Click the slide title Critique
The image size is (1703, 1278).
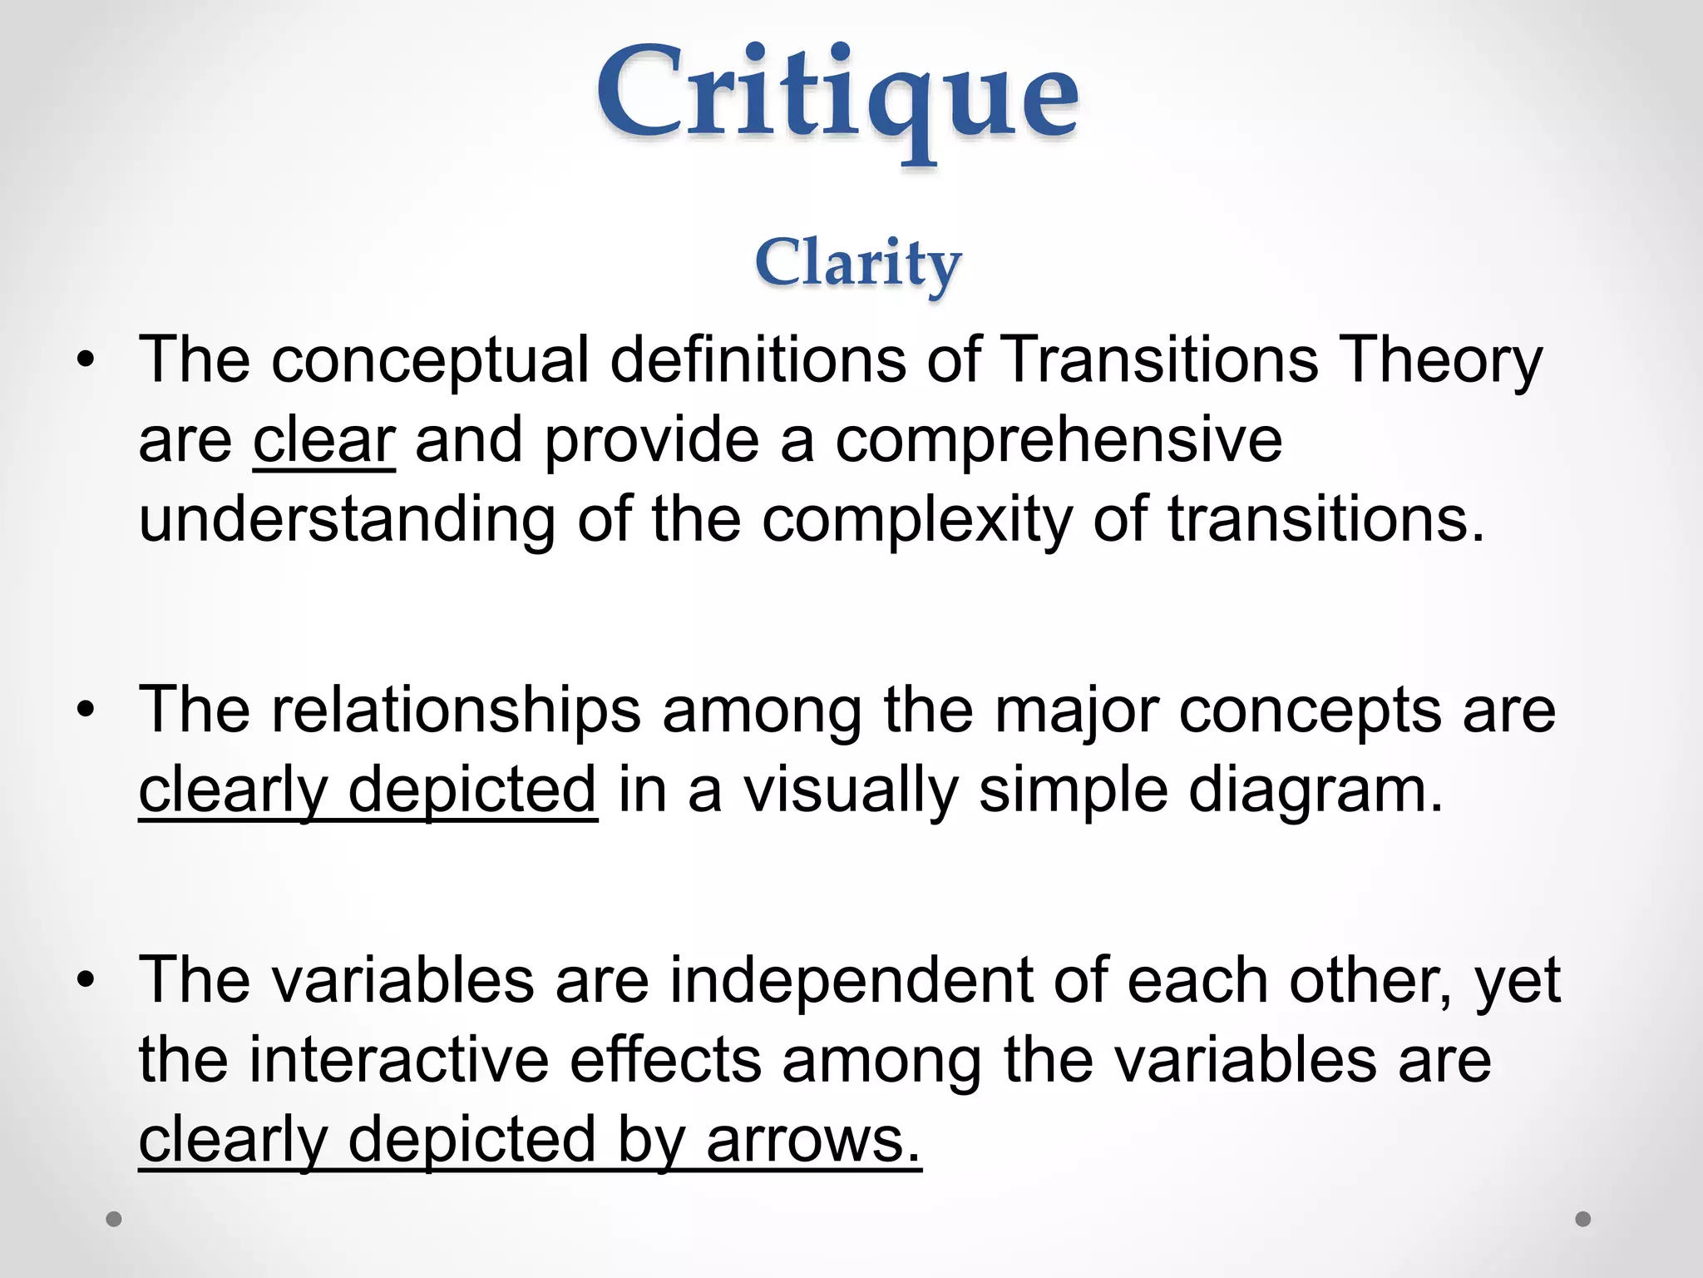point(837,96)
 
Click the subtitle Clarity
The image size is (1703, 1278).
point(857,263)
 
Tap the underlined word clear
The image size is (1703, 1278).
point(324,440)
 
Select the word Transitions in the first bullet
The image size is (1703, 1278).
point(1159,359)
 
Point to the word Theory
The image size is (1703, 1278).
point(1443,361)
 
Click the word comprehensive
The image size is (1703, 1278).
point(1059,440)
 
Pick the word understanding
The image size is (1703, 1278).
point(347,520)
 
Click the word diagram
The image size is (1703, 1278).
point(1316,790)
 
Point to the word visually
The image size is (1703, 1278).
point(851,790)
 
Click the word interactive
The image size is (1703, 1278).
point(399,1060)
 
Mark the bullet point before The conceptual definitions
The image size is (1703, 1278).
point(86,360)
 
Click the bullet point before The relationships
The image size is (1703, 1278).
point(86,711)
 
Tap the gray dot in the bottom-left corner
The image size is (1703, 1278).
point(114,1219)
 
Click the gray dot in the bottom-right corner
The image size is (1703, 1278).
point(1583,1219)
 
